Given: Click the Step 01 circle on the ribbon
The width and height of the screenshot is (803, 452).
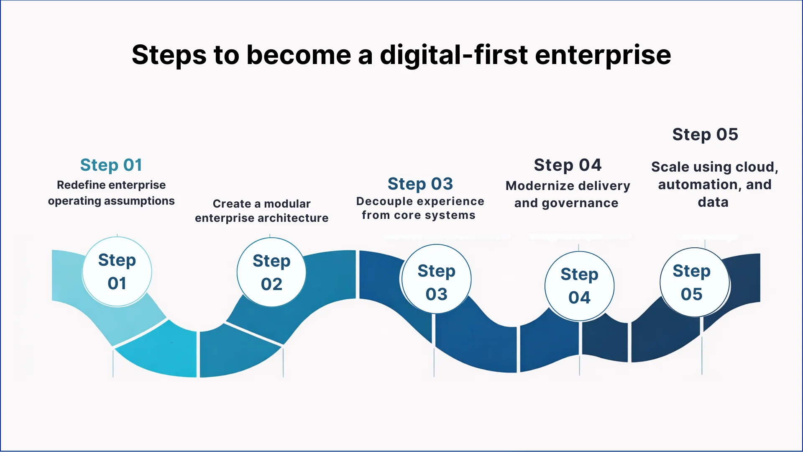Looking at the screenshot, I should click(x=117, y=272).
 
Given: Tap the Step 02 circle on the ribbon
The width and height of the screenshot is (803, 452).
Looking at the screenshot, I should click(x=271, y=272).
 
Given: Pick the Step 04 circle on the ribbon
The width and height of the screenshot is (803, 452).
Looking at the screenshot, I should click(x=579, y=286).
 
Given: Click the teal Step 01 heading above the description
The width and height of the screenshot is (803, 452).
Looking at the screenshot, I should click(x=111, y=165).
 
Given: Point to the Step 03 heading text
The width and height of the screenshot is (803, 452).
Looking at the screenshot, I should click(x=420, y=184).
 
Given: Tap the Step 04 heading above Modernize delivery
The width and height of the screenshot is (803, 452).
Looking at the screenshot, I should click(x=568, y=165).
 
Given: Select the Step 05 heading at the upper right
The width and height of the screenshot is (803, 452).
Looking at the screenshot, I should click(x=705, y=134).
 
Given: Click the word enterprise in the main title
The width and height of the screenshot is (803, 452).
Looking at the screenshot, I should click(x=603, y=55).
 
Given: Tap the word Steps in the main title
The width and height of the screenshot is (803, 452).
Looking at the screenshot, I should click(x=169, y=55).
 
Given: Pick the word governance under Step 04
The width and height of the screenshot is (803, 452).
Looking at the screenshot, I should click(x=580, y=203).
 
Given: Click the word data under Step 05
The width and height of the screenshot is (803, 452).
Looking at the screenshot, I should click(x=713, y=202).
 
